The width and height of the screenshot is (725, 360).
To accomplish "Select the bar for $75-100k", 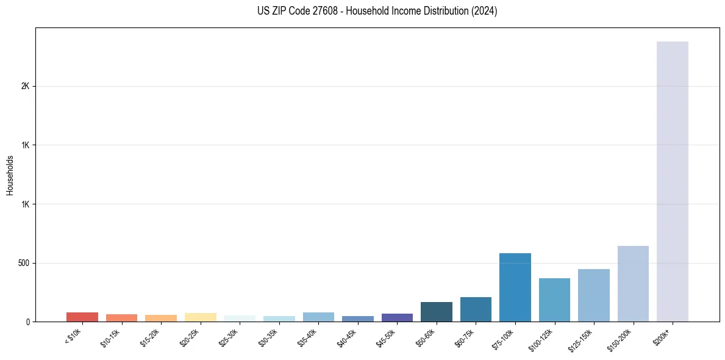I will tap(515, 287).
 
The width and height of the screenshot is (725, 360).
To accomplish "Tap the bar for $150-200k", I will tap(633, 284).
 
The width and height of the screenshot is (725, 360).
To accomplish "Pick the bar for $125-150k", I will tap(594, 295).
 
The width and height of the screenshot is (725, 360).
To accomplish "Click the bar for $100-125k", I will tap(554, 300).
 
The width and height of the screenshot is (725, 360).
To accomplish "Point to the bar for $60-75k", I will tap(476, 309).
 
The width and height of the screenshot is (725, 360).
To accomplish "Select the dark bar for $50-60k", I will tap(437, 312).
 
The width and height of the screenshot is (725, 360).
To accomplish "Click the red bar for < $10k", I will tap(82, 317).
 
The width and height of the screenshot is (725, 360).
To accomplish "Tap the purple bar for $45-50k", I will tap(397, 317).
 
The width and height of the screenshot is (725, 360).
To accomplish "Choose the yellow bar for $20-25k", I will tap(200, 317).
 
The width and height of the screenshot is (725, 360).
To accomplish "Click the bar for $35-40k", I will tap(318, 317).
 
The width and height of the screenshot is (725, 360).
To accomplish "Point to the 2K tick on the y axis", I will tap(26, 86).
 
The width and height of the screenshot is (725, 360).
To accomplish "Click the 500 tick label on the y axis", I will tap(24, 263).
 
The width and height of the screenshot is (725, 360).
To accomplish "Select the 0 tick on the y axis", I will tap(27, 322).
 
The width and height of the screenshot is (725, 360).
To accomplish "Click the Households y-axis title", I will tap(10, 175).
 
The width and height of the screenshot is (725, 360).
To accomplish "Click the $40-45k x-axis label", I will tap(347, 339).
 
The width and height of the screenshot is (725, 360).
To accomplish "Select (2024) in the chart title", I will tap(485, 11).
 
